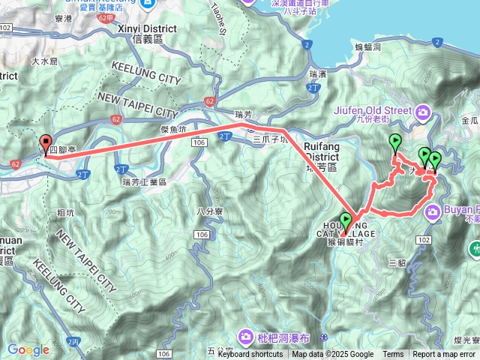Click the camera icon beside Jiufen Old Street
tap(424, 112)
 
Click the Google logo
tap(28, 349)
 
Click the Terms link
tap(393, 355)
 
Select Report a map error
tap(445, 355)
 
